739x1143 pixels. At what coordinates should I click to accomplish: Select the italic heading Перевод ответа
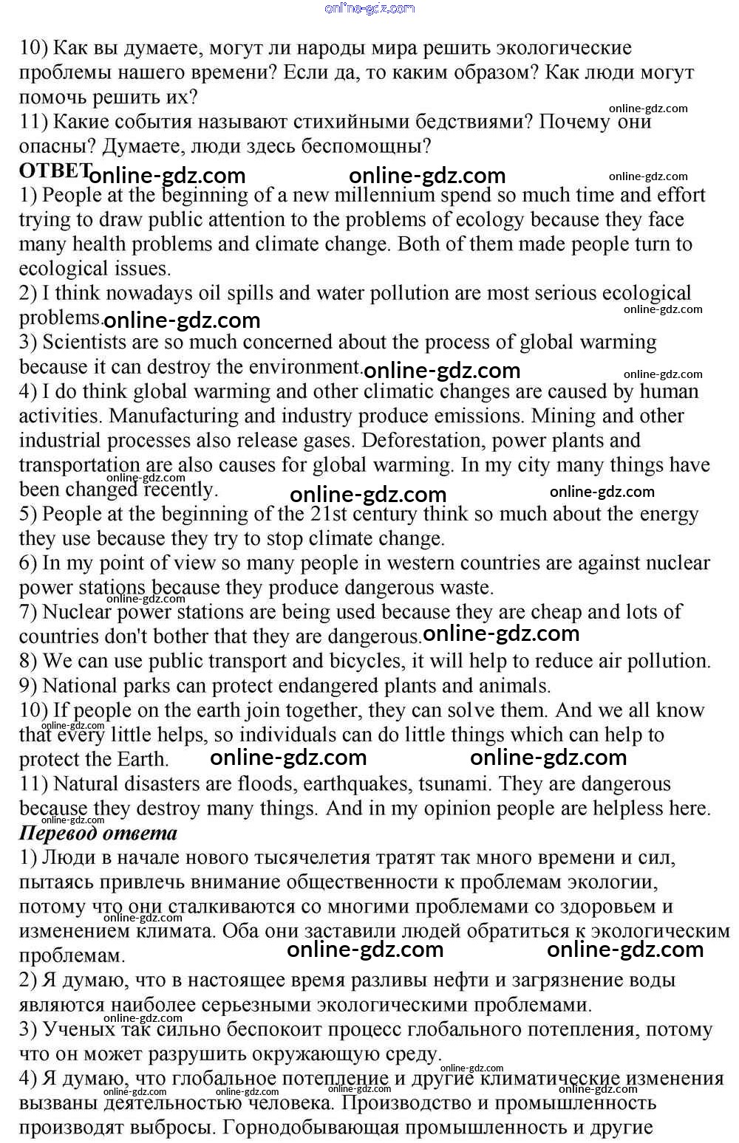(x=98, y=834)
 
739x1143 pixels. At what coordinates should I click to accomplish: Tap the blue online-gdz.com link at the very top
(x=369, y=8)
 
